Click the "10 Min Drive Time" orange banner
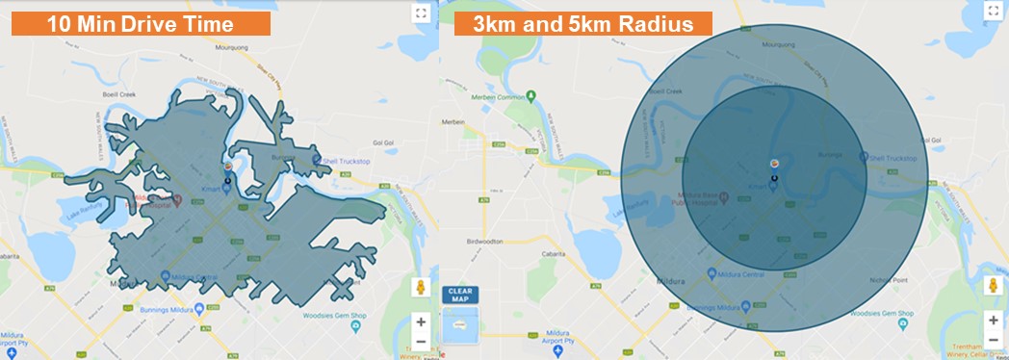tap(141, 23)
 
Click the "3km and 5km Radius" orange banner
tap(583, 24)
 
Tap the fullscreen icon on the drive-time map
tap(420, 13)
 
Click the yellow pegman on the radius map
tap(993, 287)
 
